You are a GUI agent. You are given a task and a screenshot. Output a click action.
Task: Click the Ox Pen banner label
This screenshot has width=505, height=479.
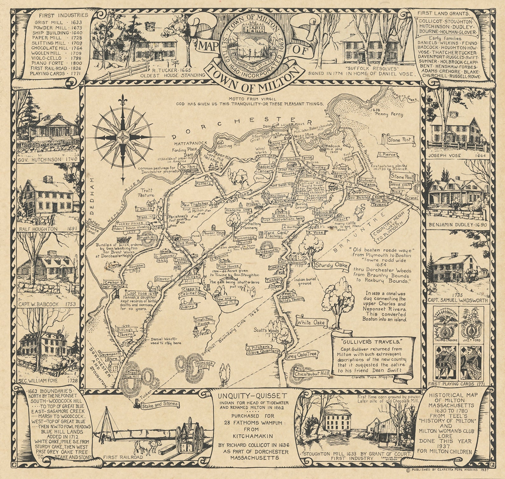click(x=187, y=167)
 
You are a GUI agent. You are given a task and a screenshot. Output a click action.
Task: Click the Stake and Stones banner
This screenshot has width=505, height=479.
click(x=160, y=405)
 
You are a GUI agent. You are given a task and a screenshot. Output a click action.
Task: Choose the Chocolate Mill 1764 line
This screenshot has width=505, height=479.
click(x=56, y=48)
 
